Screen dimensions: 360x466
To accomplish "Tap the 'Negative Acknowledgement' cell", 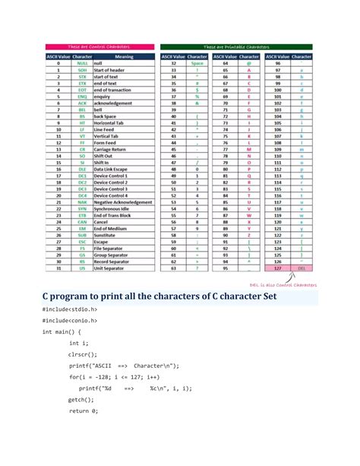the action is tap(124, 203).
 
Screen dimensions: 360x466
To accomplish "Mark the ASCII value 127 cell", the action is tap(276, 268).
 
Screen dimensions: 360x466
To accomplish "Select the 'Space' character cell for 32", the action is tap(197, 63).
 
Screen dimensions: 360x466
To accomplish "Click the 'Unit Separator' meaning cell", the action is tap(114, 268).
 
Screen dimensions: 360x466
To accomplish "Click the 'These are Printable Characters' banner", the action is tap(236, 46).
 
